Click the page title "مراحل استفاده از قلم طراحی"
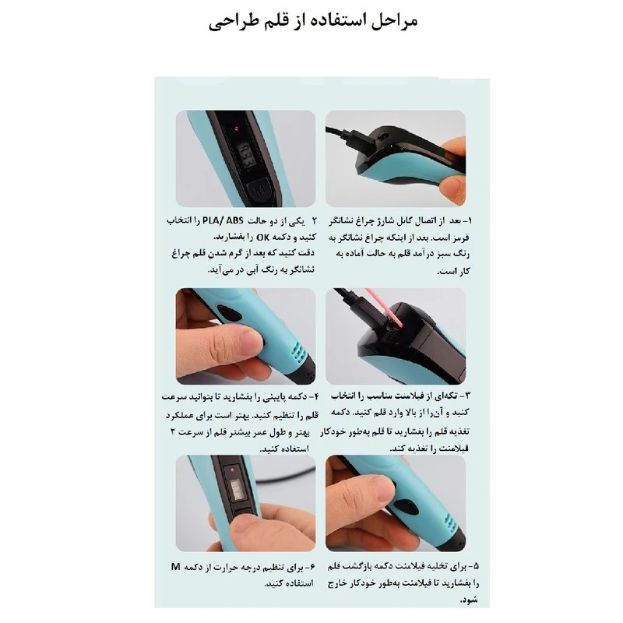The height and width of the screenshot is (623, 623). click(x=312, y=20)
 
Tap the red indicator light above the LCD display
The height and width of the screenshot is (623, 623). click(x=231, y=124)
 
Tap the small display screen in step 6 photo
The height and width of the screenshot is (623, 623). click(x=234, y=489)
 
